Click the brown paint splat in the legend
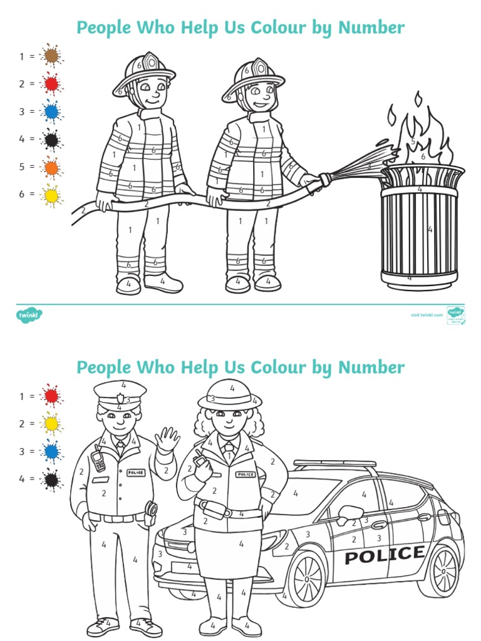click(x=51, y=56)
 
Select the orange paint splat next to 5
click(x=51, y=167)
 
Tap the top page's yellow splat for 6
click(x=51, y=195)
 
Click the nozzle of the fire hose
click(x=325, y=180)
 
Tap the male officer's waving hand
click(x=167, y=440)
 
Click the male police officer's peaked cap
click(x=120, y=394)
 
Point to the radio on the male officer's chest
click(x=98, y=461)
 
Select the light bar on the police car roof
click(x=335, y=464)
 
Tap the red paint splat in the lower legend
click(x=51, y=396)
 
